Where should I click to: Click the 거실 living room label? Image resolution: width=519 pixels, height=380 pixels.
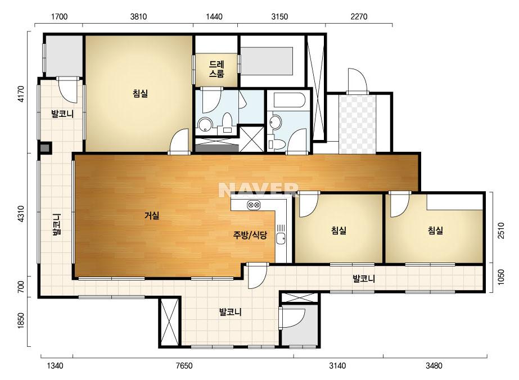tap(152, 215)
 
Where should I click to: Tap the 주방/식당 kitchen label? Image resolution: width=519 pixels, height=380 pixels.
tap(250, 235)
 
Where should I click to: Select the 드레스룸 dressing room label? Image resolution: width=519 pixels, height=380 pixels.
tap(216, 69)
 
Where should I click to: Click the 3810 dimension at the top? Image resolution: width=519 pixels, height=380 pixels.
tap(138, 16)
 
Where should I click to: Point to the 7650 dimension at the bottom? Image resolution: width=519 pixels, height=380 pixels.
tap(184, 365)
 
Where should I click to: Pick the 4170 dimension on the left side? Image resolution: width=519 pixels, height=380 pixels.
tap(20, 94)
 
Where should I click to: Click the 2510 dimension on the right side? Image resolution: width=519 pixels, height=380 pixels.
tap(501, 230)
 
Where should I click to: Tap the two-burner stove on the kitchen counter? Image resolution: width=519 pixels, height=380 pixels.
tap(254, 205)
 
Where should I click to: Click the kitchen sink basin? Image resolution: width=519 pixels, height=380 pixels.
tap(281, 238)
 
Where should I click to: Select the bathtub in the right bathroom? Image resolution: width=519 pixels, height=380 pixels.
tap(289, 100)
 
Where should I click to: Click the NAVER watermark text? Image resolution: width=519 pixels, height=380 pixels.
tap(258, 189)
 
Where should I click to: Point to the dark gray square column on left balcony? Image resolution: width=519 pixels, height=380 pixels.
tap(44, 148)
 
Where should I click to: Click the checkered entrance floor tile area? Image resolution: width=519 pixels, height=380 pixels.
tap(357, 124)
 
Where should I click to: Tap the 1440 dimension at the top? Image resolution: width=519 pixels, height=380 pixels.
tap(214, 16)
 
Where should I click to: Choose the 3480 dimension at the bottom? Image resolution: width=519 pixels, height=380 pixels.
tap(434, 365)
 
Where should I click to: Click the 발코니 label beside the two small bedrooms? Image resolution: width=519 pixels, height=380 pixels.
tap(364, 279)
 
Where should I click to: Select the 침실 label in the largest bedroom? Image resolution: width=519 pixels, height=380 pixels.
tap(140, 93)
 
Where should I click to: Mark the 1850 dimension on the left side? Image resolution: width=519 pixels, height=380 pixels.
tap(20, 320)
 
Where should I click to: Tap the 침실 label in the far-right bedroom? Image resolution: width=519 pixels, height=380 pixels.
tap(435, 230)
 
